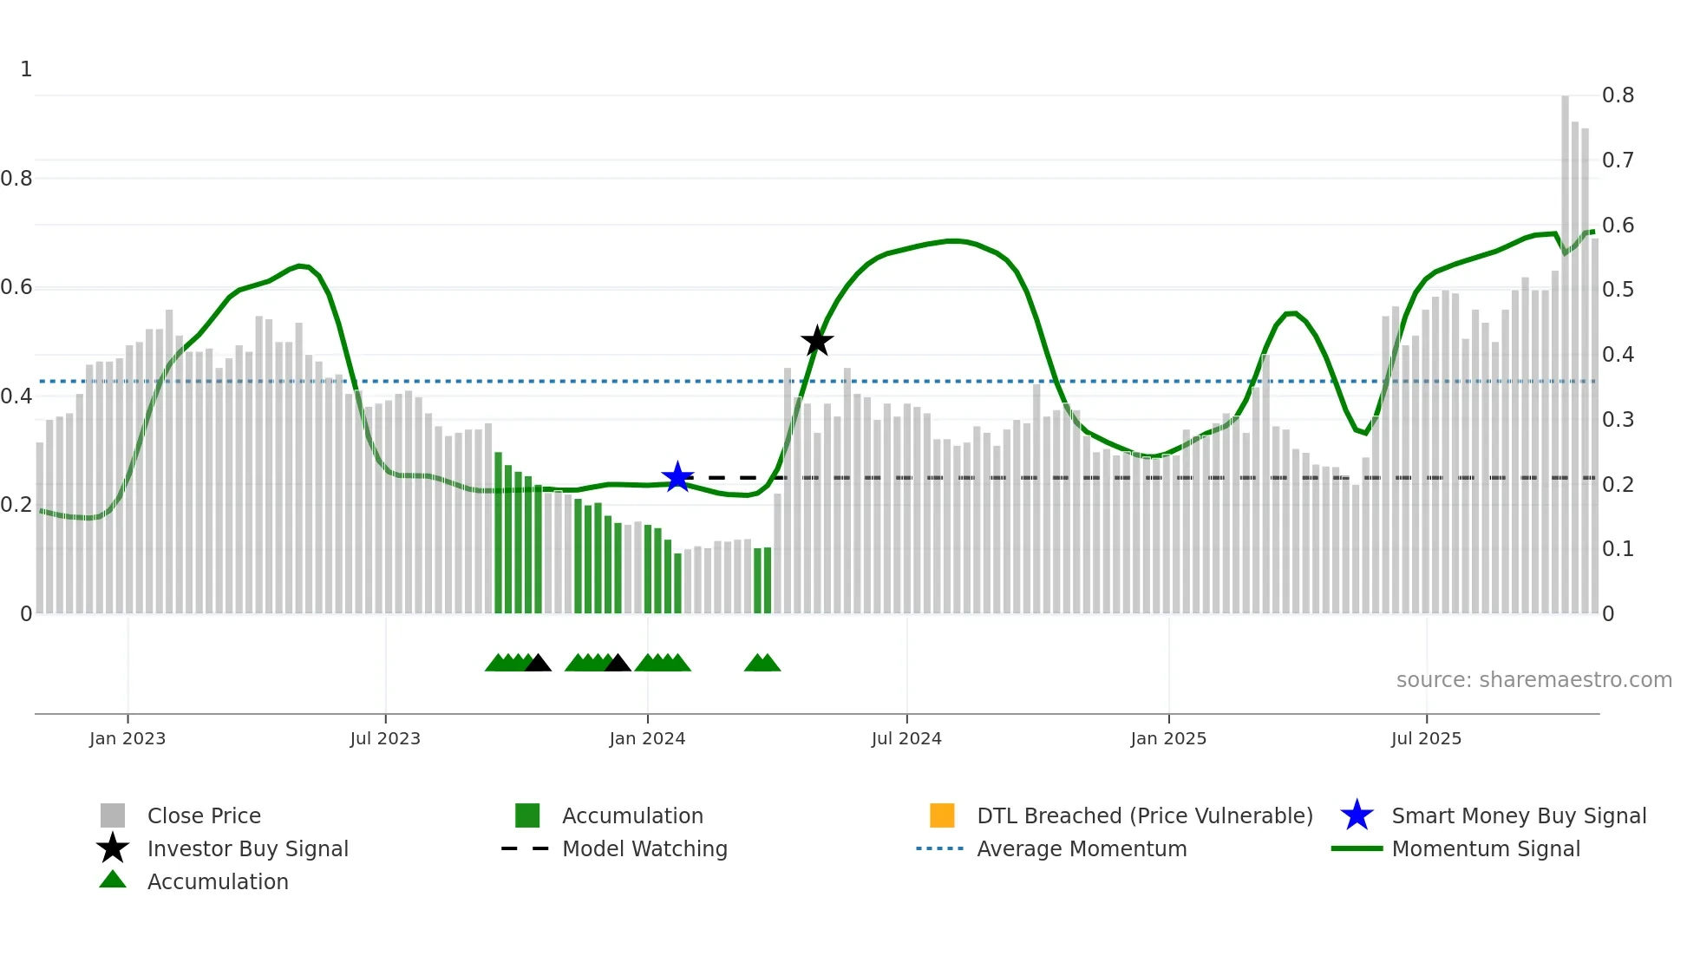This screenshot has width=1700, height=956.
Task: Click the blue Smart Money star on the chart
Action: click(x=677, y=477)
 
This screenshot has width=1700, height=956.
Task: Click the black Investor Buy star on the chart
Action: click(x=816, y=341)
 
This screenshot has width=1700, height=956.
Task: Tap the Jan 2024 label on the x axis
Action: click(x=647, y=738)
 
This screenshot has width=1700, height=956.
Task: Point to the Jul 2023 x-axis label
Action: click(x=385, y=738)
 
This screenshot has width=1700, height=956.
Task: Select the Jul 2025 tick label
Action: click(x=1426, y=738)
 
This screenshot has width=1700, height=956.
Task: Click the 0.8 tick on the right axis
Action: click(x=1618, y=95)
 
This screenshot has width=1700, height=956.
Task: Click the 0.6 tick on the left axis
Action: click(x=16, y=287)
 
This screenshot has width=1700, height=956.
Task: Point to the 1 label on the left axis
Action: click(x=26, y=69)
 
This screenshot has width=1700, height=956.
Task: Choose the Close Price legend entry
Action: click(x=204, y=815)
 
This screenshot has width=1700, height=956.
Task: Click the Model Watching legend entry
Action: click(x=644, y=848)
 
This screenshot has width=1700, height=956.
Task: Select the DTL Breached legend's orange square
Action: click(x=942, y=815)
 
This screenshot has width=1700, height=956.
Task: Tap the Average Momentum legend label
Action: click(x=1082, y=848)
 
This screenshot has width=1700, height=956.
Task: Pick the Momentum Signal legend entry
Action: click(x=1486, y=848)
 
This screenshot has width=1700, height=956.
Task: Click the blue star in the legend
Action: click(x=1357, y=815)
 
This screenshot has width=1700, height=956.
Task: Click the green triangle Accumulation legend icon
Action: click(x=113, y=880)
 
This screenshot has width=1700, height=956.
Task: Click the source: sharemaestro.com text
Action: click(x=1533, y=679)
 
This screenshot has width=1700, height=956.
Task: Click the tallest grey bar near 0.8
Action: click(x=1566, y=347)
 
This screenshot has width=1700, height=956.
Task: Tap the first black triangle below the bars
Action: click(x=538, y=664)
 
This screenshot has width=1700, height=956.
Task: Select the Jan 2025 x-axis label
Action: click(x=1168, y=738)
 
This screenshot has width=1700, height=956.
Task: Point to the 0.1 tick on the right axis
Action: click(x=1618, y=549)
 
